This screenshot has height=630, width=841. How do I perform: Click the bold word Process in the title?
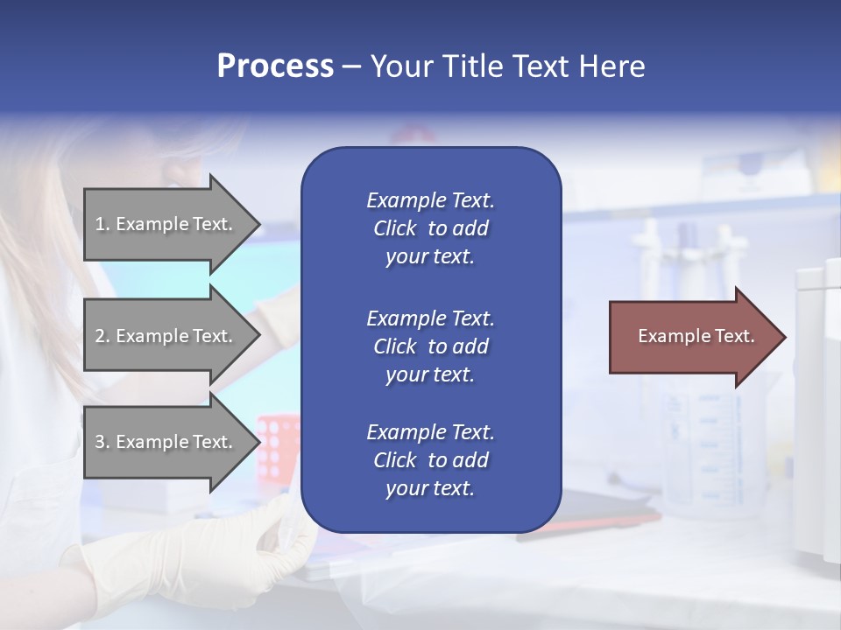point(275,66)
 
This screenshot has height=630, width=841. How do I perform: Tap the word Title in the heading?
point(473,66)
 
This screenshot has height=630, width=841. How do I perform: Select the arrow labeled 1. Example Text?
point(166,224)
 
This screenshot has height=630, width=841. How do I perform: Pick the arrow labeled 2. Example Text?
point(166,336)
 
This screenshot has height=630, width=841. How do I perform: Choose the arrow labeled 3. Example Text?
point(166,442)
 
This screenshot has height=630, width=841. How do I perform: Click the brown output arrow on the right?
point(692,336)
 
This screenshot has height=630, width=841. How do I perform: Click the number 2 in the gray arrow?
point(99,336)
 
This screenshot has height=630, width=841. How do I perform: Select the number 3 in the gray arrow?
point(99,442)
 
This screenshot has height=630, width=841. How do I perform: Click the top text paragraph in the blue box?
point(430,228)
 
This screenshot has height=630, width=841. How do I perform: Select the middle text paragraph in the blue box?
point(430,346)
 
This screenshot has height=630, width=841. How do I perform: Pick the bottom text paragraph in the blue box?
point(430,460)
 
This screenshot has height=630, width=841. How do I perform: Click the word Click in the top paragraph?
point(394,228)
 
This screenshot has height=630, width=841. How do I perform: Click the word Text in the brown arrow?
point(735,336)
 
